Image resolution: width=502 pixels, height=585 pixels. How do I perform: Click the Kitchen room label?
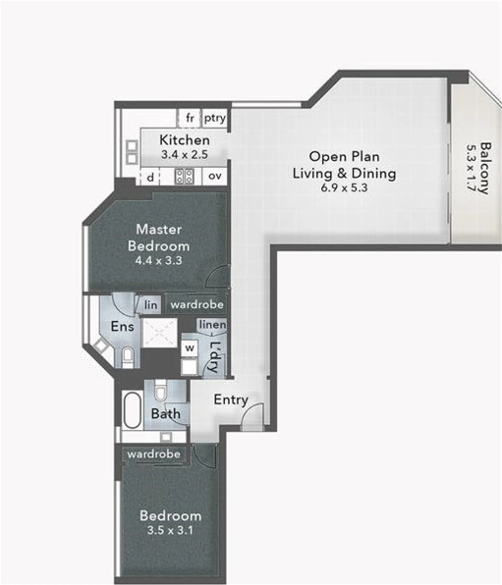185,140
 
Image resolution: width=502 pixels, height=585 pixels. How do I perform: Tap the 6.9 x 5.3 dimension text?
344,188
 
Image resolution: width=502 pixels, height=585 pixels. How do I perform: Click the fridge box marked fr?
190,118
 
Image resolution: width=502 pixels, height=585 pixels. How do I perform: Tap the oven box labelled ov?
215,176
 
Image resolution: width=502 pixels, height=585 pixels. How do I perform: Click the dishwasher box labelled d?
150,177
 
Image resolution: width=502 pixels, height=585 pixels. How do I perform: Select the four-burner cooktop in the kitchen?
184,176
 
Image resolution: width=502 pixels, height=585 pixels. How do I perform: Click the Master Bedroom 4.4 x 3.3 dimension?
158,260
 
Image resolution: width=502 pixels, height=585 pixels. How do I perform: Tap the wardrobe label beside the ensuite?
197,305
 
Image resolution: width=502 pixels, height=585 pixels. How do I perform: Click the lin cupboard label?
151,305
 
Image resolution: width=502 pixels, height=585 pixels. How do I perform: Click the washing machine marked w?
190,348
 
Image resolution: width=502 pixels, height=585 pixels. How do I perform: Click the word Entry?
231,400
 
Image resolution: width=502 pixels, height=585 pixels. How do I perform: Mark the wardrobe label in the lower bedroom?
154,454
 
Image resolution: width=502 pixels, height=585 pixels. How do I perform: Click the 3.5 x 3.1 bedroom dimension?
170,530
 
